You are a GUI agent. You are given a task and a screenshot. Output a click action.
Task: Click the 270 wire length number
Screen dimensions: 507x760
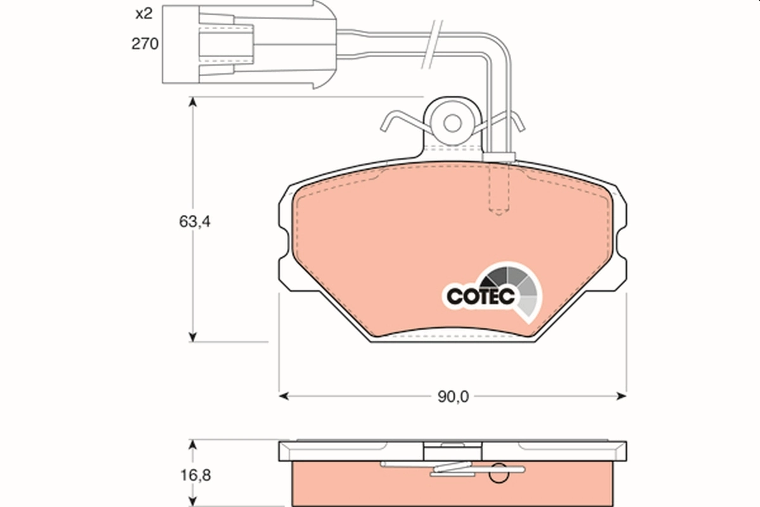tap(144, 44)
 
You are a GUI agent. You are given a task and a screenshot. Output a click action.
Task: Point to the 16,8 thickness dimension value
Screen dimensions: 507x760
tap(194, 475)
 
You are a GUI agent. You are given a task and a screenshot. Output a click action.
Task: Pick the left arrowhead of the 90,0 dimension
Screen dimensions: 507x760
tap(284, 397)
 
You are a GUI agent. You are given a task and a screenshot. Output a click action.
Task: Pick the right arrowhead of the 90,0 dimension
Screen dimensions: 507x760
tap(621, 397)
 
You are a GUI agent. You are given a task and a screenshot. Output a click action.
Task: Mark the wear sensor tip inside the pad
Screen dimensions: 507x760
tap(500, 210)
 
